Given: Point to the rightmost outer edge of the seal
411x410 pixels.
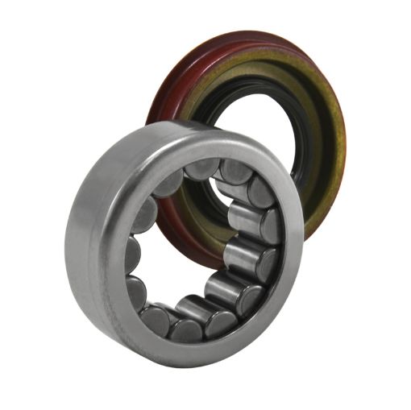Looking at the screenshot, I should [x=344, y=137].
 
